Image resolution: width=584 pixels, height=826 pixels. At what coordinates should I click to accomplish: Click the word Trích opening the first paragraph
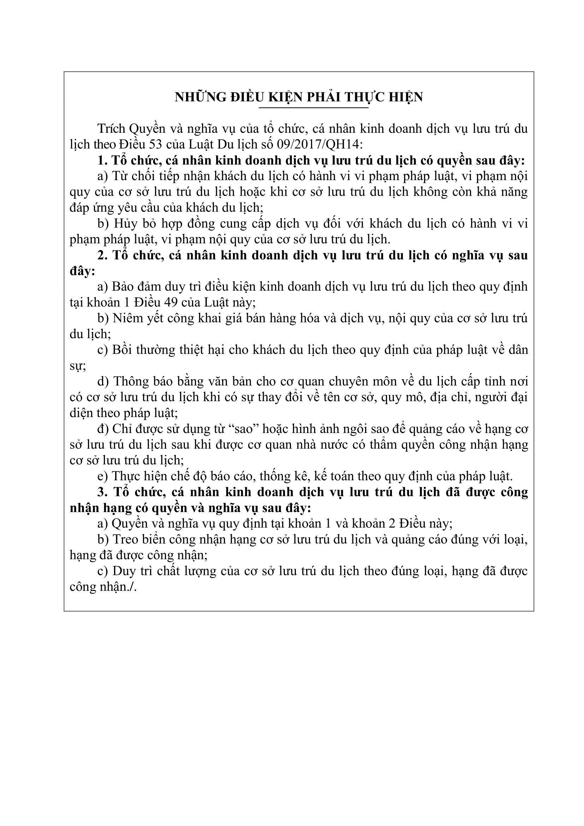click(x=111, y=129)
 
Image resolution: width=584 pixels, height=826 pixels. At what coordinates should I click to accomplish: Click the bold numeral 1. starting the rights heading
click(x=102, y=160)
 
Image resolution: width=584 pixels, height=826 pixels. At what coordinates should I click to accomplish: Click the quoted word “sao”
click(x=245, y=429)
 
